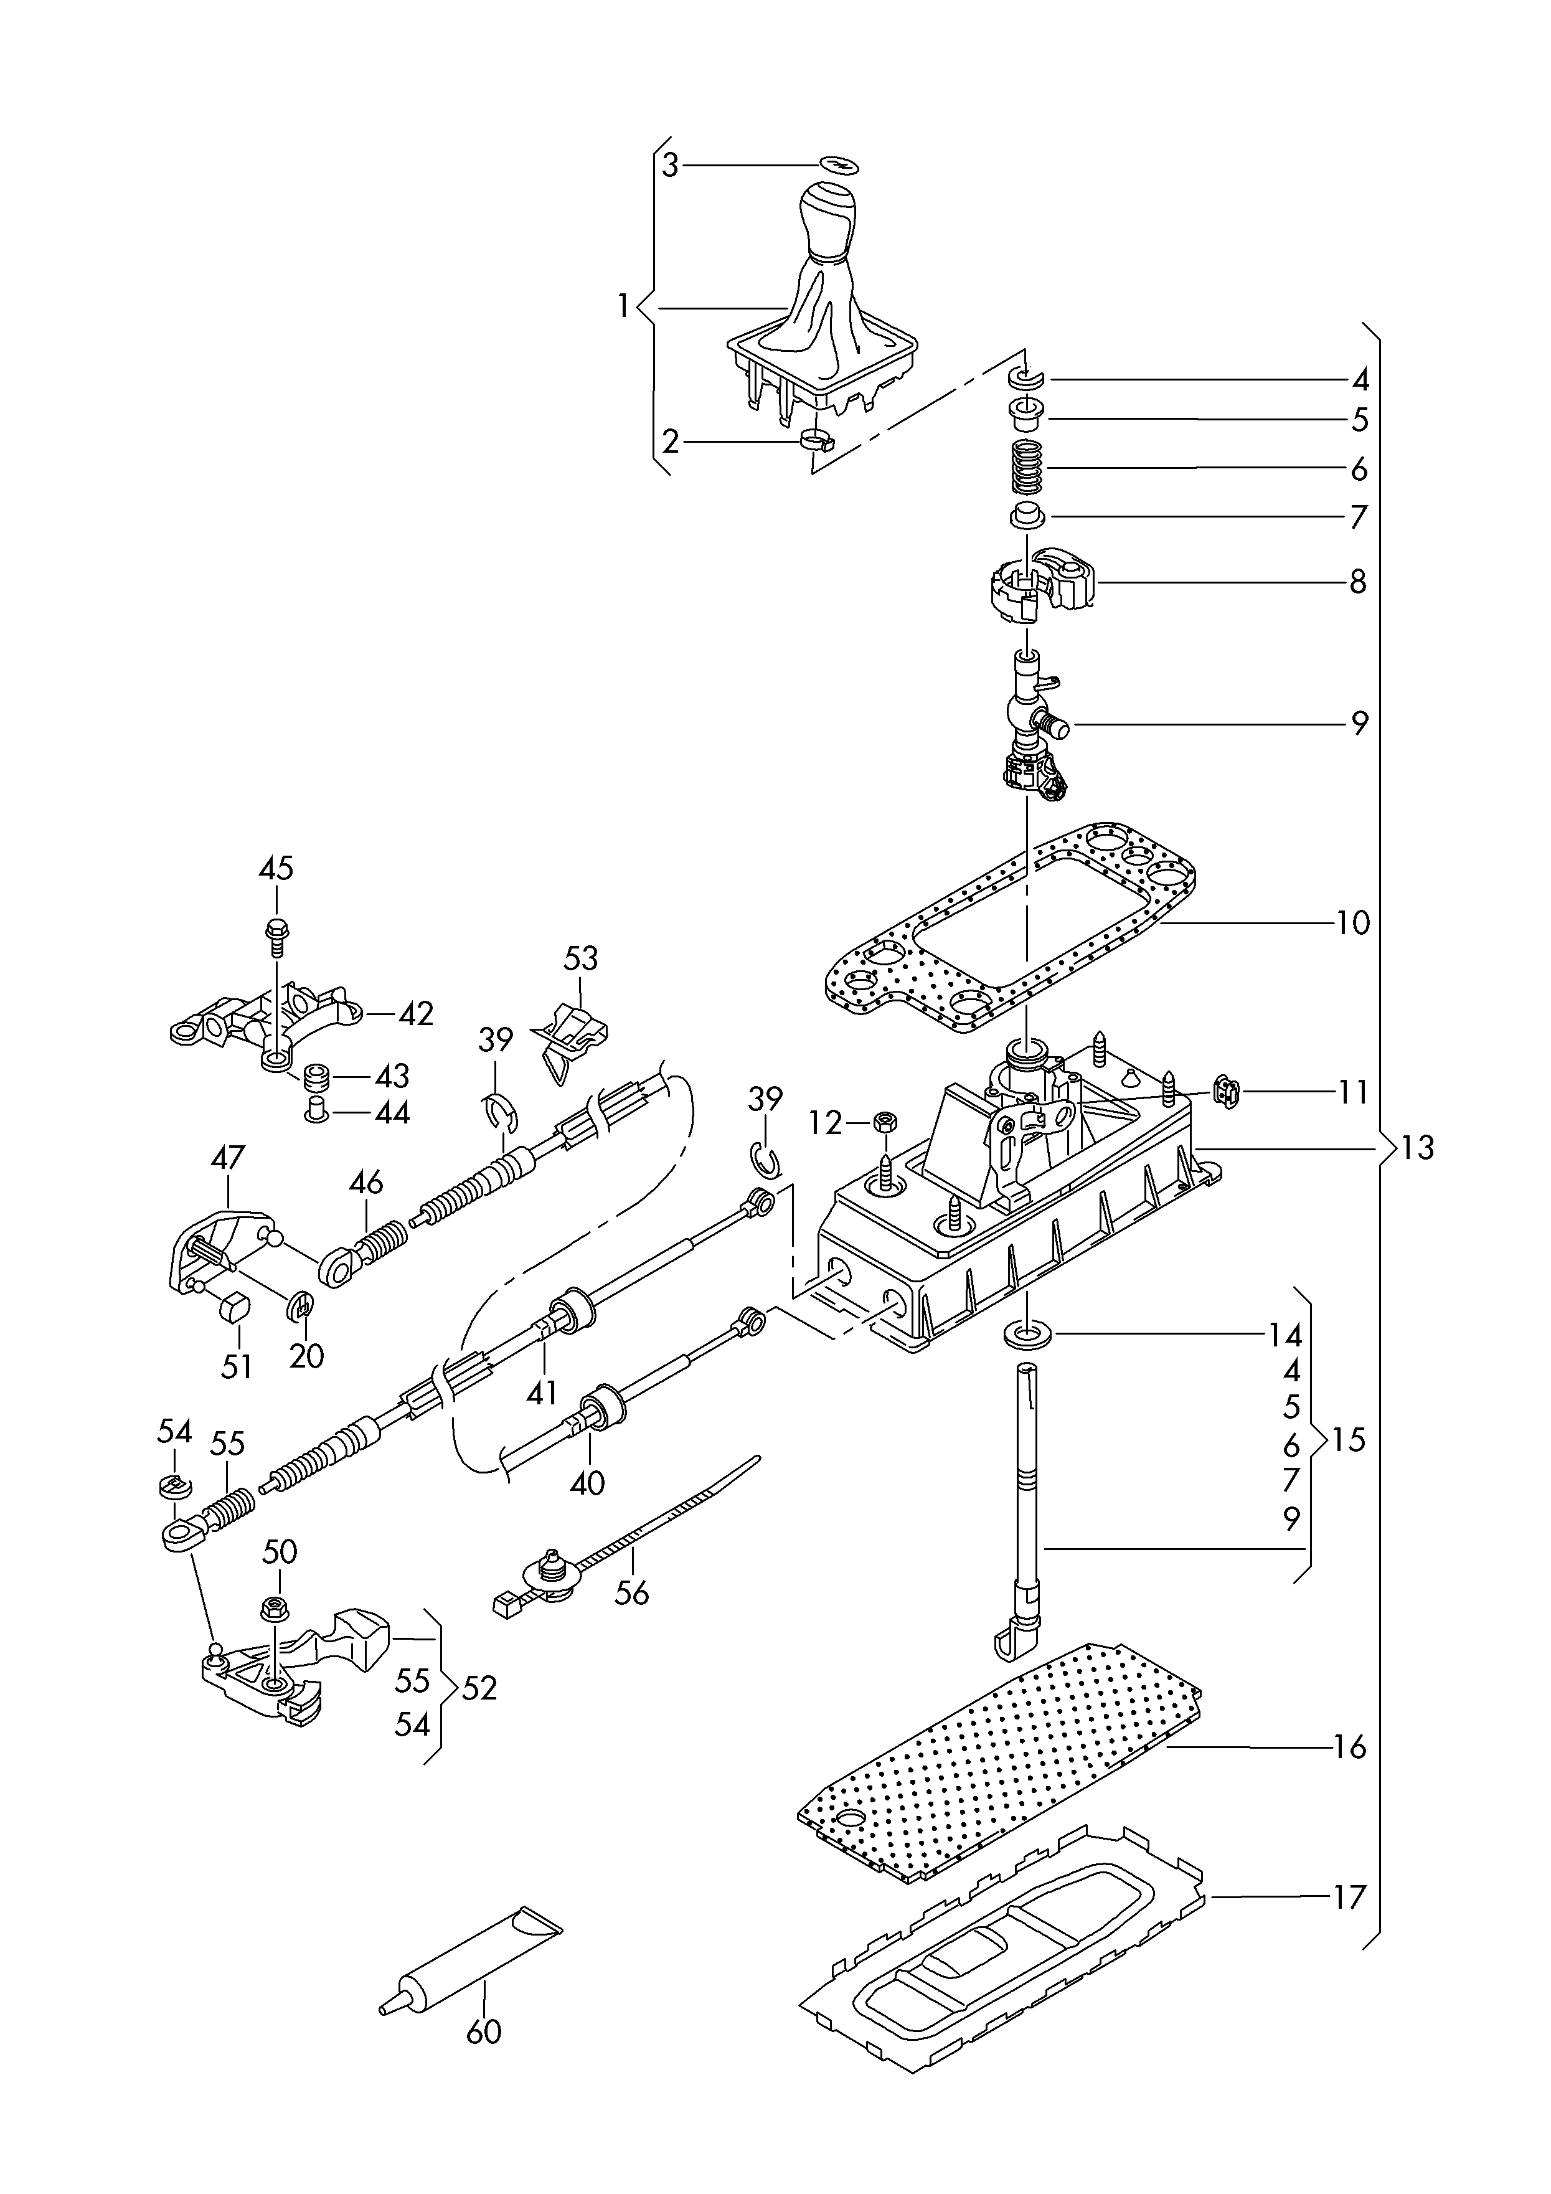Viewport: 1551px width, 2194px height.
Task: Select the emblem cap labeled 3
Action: click(840, 164)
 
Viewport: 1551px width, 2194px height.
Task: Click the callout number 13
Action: click(1418, 1147)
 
